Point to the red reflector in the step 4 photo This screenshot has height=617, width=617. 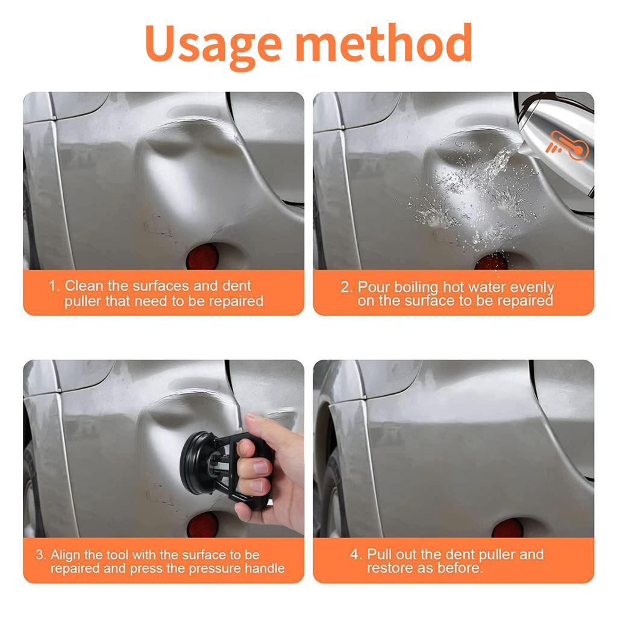click(x=507, y=528)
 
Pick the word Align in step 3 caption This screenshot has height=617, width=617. click(x=65, y=554)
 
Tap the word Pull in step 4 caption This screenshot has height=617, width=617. click(x=380, y=554)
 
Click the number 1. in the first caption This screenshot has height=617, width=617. click(x=54, y=286)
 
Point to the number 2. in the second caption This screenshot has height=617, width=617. click(x=346, y=287)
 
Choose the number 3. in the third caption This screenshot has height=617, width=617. click(x=40, y=554)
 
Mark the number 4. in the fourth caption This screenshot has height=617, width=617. click(x=356, y=554)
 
